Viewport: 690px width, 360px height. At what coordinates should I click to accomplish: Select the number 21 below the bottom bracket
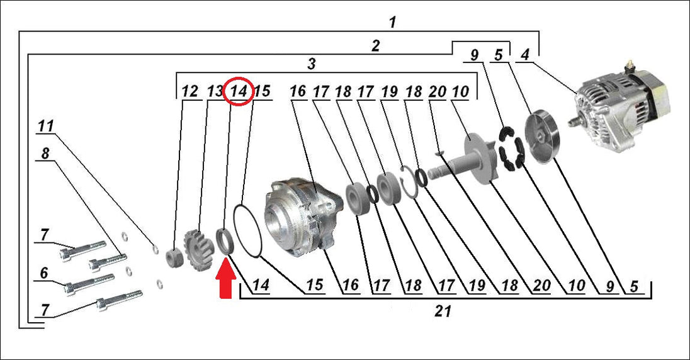pos(443,311)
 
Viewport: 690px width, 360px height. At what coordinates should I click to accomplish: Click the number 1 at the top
pos(392,23)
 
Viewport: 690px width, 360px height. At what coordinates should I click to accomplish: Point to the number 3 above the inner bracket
pos(312,64)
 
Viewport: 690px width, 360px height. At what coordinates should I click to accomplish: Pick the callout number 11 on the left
pos(45,127)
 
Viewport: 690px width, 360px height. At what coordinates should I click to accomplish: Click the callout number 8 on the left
pos(45,154)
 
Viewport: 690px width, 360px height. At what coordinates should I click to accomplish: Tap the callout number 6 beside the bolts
pos(44,273)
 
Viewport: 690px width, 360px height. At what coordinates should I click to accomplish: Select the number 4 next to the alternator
pos(524,55)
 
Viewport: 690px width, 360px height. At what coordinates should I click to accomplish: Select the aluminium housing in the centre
pos(303,218)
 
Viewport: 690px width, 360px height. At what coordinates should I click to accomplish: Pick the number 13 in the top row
pos(215,91)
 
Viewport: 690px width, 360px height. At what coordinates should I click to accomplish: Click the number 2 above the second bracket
pos(375,46)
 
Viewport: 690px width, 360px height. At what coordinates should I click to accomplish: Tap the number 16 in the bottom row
pos(351,285)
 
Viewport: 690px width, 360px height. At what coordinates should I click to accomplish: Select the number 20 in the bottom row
pos(541,286)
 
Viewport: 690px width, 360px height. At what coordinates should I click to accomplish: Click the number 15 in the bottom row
pos(315,285)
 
